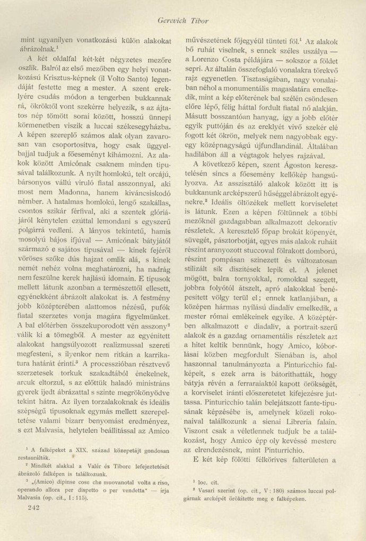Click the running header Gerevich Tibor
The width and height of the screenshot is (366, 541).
[183, 21]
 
